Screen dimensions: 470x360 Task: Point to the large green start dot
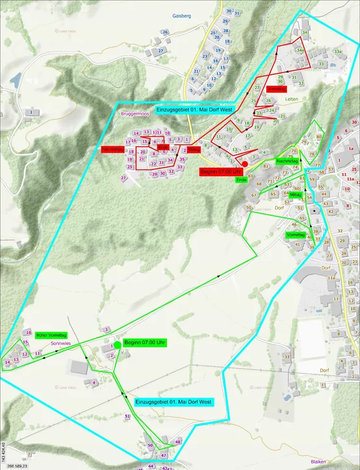point(117,344)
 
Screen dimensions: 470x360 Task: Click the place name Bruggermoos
point(135,114)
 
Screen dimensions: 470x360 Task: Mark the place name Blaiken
point(318,461)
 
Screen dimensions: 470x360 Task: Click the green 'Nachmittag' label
point(287,160)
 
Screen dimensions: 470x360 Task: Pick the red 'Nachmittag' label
point(112,149)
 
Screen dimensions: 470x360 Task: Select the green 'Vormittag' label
point(295,234)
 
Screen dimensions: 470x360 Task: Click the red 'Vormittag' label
point(276,88)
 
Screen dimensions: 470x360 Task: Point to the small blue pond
point(14,80)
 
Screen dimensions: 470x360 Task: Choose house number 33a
point(337,51)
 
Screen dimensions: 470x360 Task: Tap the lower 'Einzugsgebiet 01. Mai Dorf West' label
point(173,401)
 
